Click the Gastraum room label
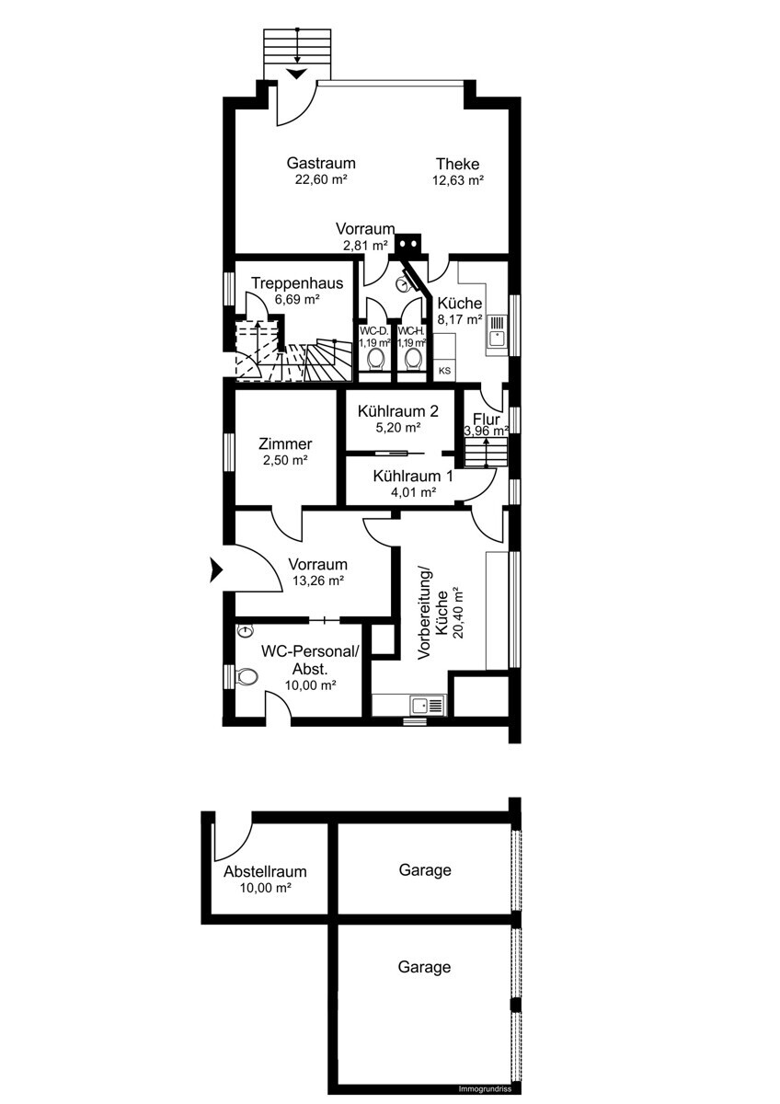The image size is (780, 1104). coord(321,163)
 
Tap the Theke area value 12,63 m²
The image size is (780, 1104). coord(458,180)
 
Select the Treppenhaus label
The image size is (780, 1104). coord(297,283)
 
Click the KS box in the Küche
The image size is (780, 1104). coord(444,371)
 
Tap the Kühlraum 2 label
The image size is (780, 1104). coord(397,411)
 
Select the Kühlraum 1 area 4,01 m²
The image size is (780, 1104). coord(413,492)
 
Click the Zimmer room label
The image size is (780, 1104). coord(285,444)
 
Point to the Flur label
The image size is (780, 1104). coord(487,420)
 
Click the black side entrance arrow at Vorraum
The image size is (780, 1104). coord(216,570)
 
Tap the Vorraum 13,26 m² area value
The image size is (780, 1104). coord(318,581)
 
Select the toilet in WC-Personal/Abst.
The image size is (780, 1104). coord(247,677)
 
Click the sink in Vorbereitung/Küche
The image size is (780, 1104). coord(428,706)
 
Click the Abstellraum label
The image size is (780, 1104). coord(265,871)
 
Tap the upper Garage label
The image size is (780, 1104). coord(425,870)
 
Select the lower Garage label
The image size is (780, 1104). coord(424,967)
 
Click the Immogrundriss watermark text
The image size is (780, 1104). coord(485,1089)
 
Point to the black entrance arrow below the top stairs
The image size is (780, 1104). coord(297,74)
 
